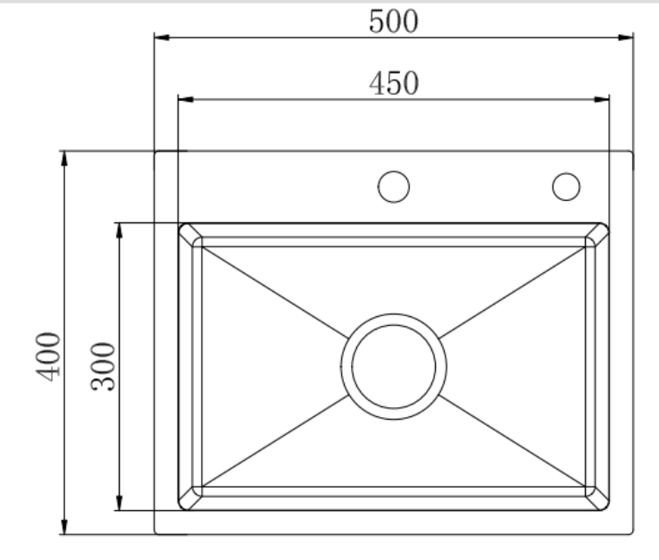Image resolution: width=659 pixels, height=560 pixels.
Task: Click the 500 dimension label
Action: pyautogui.click(x=394, y=21)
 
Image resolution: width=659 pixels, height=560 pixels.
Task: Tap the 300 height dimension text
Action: pyautogui.click(x=104, y=365)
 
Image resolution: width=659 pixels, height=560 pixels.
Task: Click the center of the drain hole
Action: pyautogui.click(x=393, y=365)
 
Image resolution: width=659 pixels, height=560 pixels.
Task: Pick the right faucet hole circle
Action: pyautogui.click(x=566, y=186)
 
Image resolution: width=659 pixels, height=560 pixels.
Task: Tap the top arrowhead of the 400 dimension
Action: pyautogui.click(x=63, y=158)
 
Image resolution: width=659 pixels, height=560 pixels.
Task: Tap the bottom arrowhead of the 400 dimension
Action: pyautogui.click(x=63, y=528)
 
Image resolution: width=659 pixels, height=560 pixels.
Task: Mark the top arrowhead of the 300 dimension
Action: pyautogui.click(x=119, y=230)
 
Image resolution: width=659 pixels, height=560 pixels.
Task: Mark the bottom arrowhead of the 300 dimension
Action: pyautogui.click(x=119, y=503)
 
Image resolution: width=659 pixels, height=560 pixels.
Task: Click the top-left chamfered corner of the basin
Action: pyautogui.click(x=189, y=234)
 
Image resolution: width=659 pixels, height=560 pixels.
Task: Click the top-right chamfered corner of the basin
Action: pyautogui.click(x=597, y=234)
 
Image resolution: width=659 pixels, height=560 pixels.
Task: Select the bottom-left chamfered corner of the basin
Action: pyautogui.click(x=189, y=498)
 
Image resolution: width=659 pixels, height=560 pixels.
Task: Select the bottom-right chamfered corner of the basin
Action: pyautogui.click(x=597, y=498)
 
